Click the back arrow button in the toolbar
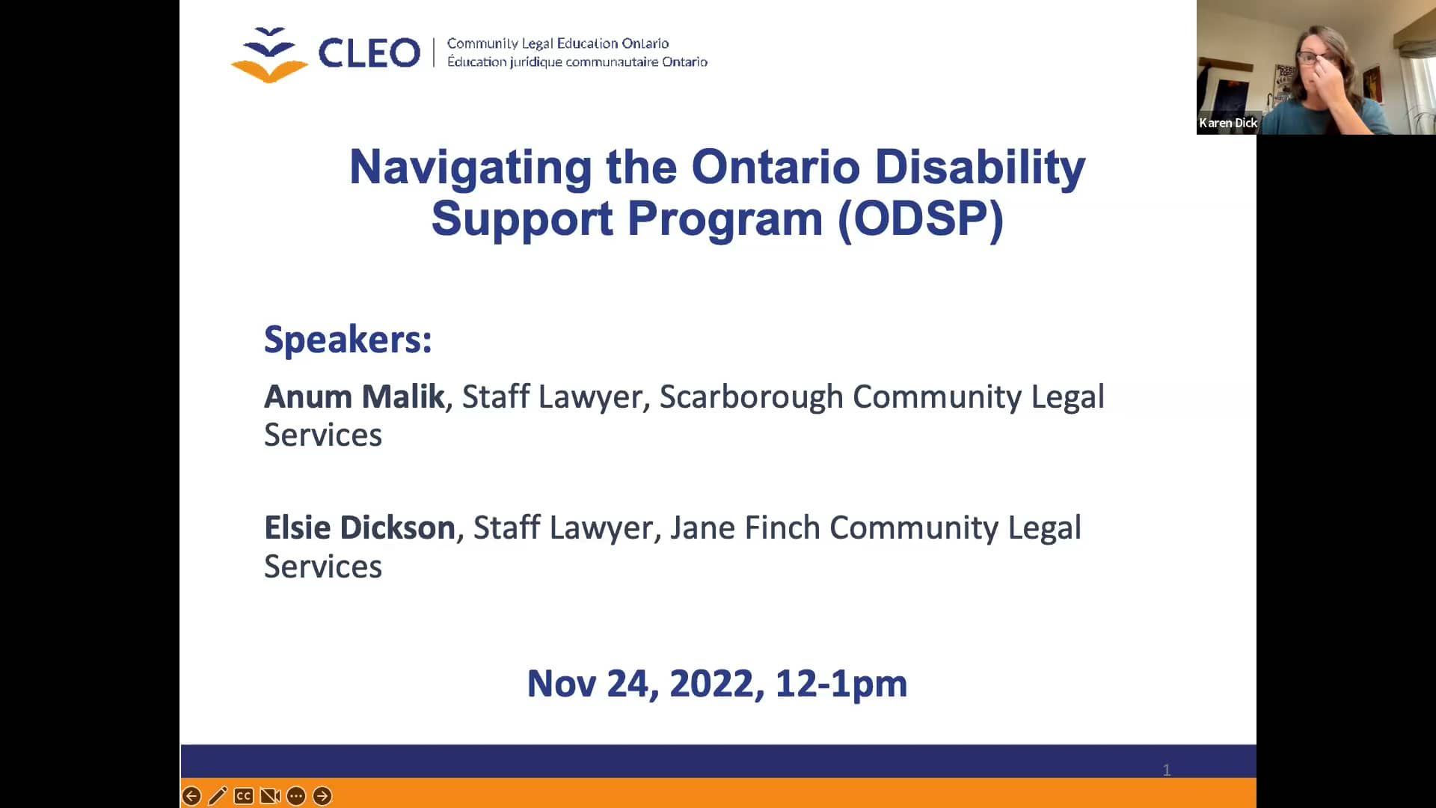pyautogui.click(x=191, y=796)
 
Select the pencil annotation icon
pyautogui.click(x=218, y=796)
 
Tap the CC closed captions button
pyautogui.click(x=243, y=796)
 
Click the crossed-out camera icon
pyautogui.click(x=269, y=796)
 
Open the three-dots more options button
pyautogui.click(x=296, y=796)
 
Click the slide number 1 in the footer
pyautogui.click(x=1166, y=770)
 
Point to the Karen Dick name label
pyautogui.click(x=1227, y=123)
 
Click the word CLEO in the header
pyautogui.click(x=369, y=53)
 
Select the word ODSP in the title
pyautogui.click(x=920, y=219)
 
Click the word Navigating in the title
pyautogui.click(x=470, y=167)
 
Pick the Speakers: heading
pyautogui.click(x=348, y=340)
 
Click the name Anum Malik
pyautogui.click(x=355, y=397)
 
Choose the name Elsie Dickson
pyautogui.click(x=360, y=528)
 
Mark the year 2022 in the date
pyautogui.click(x=711, y=684)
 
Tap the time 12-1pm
pyautogui.click(x=841, y=684)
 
